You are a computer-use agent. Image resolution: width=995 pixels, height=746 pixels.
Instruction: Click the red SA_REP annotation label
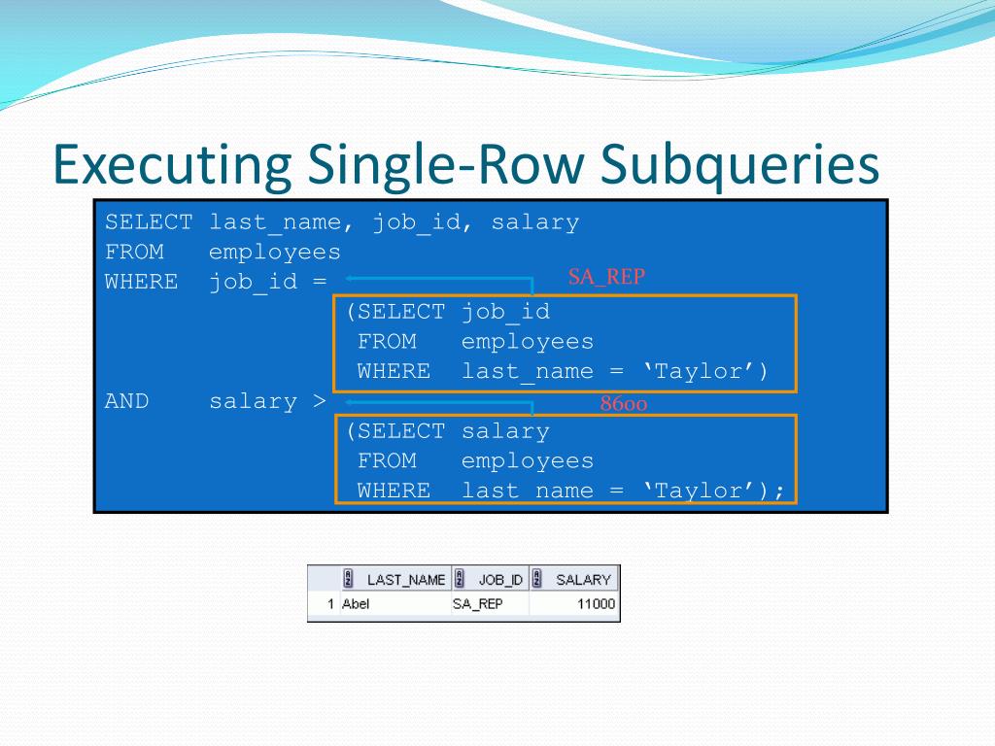coord(606,277)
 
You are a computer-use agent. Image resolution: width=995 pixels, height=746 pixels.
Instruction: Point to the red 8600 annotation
coord(623,404)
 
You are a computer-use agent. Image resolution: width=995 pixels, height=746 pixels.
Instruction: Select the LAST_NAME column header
coord(405,580)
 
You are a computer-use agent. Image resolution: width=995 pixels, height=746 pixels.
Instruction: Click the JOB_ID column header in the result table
coord(500,580)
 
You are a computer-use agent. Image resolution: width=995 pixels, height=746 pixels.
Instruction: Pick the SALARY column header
coord(583,580)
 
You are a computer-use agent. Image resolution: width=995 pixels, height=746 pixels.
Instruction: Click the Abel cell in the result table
coord(356,604)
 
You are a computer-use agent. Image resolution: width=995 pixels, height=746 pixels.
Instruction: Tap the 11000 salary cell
coord(596,604)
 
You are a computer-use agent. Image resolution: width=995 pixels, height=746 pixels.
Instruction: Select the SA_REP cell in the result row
coord(477,604)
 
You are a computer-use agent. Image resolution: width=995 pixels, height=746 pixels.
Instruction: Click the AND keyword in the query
coord(127,401)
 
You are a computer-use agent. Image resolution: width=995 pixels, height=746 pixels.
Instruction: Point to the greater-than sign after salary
coord(320,401)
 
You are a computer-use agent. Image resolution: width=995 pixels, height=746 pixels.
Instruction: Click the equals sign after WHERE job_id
coord(320,282)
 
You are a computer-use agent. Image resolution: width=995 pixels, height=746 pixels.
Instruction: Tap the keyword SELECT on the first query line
coord(149,222)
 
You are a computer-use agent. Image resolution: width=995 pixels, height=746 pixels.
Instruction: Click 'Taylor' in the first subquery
coord(704,371)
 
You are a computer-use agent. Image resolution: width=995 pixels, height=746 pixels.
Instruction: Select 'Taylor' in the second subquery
coord(704,491)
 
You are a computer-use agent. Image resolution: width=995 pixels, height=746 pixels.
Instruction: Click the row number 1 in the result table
coord(331,604)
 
